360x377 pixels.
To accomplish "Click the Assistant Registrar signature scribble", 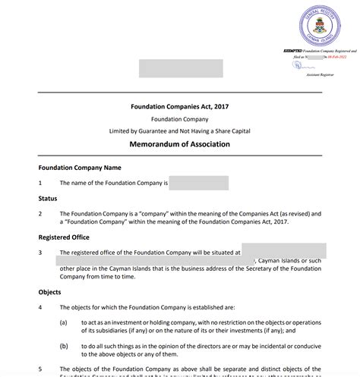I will [298, 66].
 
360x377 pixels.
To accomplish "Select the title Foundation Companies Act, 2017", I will [180, 108].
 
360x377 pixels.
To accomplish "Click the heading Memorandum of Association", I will [180, 144].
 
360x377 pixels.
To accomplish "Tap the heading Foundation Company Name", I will [80, 167].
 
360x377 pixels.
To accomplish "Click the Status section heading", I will [48, 198].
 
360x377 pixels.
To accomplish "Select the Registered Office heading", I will [68, 237].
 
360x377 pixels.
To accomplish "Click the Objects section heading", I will [50, 291].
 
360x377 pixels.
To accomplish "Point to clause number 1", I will [40, 183].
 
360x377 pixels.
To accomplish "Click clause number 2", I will [40, 214].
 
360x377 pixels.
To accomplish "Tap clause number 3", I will [40, 252].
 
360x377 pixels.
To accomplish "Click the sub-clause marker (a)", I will [65, 322].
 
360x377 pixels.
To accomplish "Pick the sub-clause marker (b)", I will [65, 346].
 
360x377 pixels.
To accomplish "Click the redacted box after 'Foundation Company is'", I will [199, 183].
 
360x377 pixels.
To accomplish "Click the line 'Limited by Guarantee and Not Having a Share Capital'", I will [180, 131].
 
